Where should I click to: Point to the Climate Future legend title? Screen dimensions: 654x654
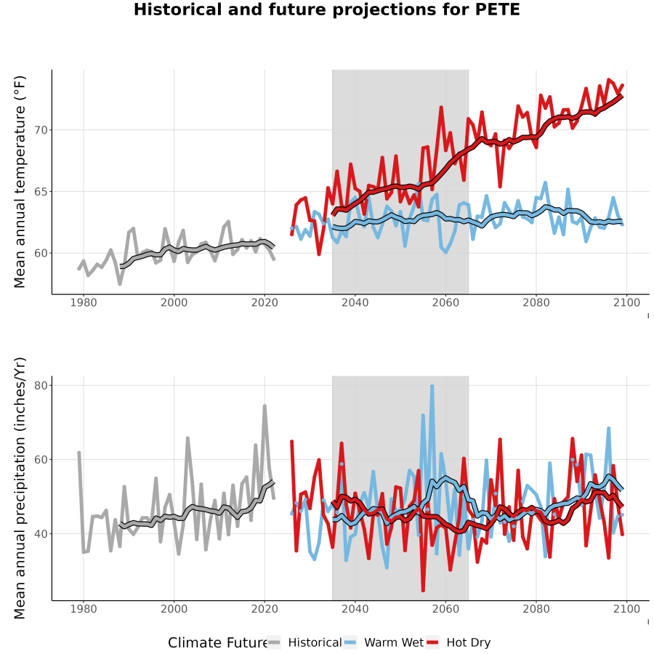pos(218,642)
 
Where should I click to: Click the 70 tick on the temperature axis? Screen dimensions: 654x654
pos(41,130)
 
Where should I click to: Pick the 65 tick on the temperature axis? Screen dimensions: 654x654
pos(41,191)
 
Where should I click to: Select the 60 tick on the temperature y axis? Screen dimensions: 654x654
pos(41,253)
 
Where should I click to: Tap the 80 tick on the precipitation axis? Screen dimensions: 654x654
pos(41,385)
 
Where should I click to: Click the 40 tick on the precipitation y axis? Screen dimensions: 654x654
pos(41,533)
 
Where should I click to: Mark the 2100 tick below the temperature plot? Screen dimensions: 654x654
pos(626,302)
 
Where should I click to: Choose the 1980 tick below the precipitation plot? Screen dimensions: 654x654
pos(84,609)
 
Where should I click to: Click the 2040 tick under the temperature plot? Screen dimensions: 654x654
pos(355,302)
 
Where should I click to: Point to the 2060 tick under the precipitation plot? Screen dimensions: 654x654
pos(445,609)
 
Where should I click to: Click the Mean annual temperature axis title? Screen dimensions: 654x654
pos(19,182)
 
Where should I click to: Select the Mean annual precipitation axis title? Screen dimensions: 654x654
pos(19,488)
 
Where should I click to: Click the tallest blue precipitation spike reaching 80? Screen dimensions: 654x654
pos(432,387)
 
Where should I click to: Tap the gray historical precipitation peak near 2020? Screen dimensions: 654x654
pos(265,406)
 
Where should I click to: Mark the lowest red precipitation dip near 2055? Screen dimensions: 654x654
pos(423,590)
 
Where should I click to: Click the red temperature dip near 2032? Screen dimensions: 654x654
pos(319,254)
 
